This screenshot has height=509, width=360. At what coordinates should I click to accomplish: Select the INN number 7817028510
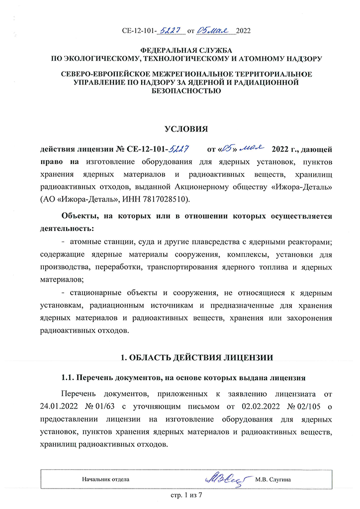[x=161, y=199]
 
